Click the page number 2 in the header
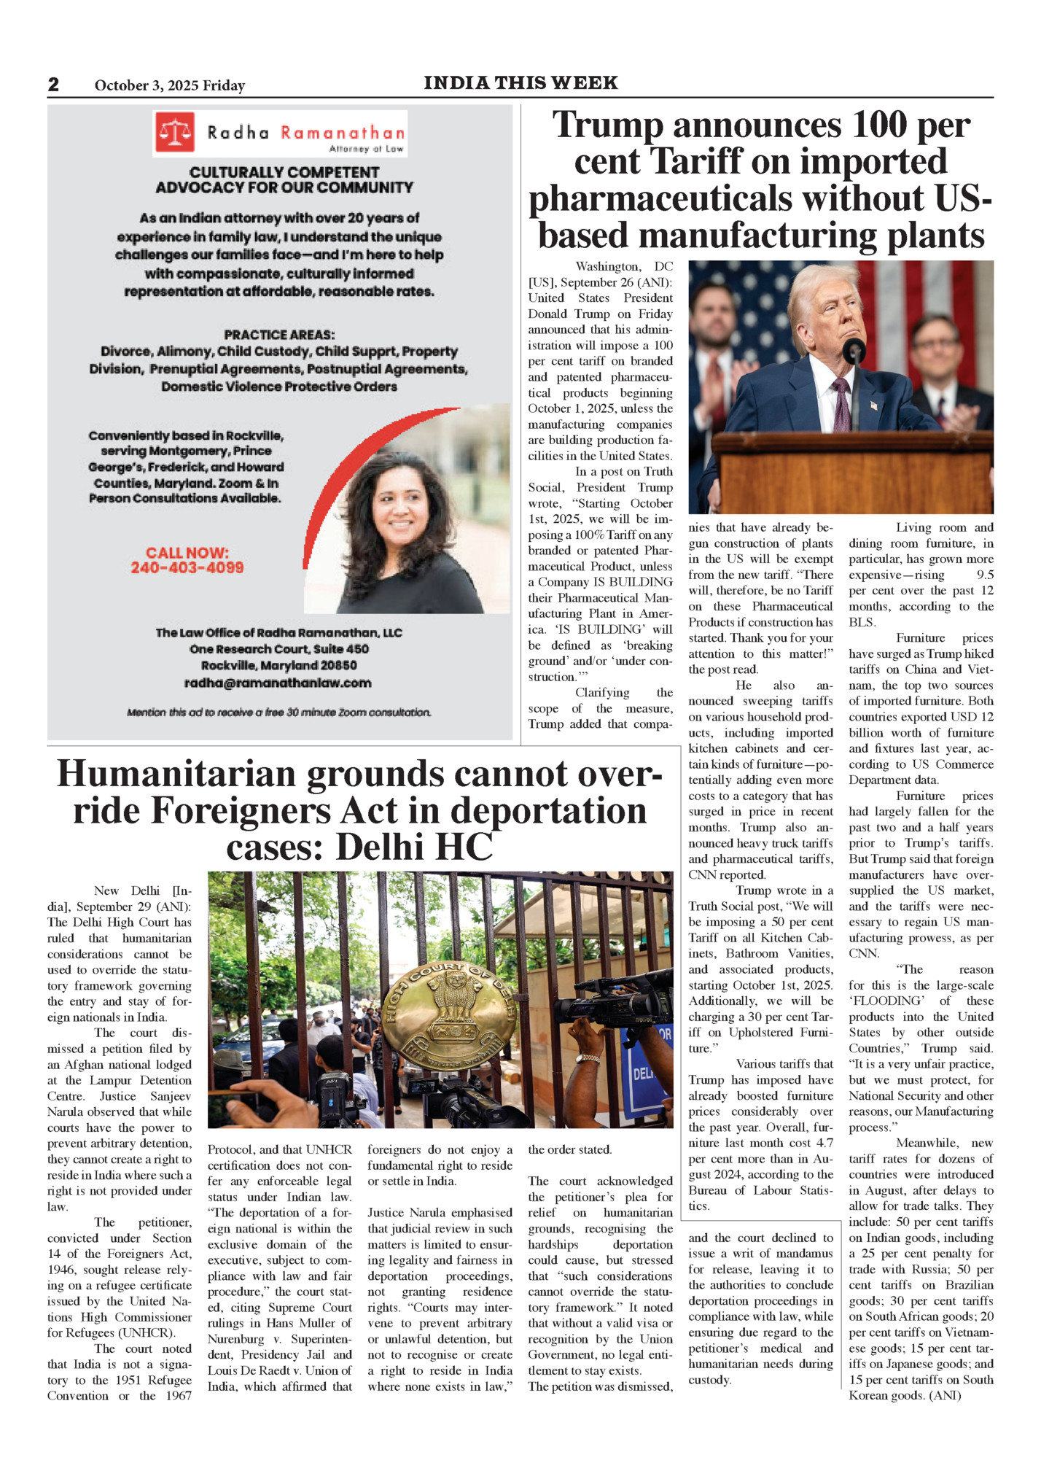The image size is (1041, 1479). [x=53, y=85]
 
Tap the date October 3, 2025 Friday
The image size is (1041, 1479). [x=169, y=85]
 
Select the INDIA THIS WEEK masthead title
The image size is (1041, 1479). [x=520, y=83]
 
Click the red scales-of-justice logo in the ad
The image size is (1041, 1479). [x=175, y=132]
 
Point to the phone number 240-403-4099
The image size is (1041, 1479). [x=187, y=568]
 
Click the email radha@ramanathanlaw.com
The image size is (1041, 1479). [x=278, y=683]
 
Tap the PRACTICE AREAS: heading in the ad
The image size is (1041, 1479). [x=279, y=335]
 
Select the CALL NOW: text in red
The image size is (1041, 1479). [x=187, y=553]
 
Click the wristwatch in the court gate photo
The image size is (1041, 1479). [x=588, y=1058]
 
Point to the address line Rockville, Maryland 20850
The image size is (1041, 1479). [x=279, y=665]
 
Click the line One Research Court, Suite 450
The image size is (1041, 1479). [x=279, y=649]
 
